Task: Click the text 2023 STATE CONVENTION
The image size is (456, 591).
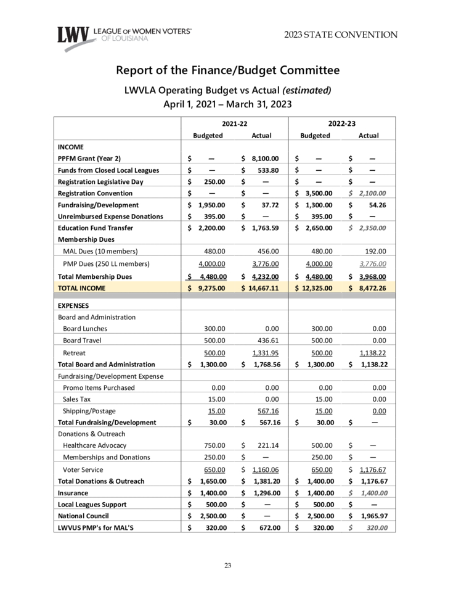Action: (341, 35)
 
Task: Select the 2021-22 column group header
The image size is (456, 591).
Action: (230, 124)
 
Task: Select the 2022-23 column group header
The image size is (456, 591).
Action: (341, 124)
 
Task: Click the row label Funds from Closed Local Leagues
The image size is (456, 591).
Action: (108, 170)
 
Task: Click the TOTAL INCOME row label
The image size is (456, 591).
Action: (81, 287)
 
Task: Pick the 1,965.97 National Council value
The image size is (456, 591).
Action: (372, 516)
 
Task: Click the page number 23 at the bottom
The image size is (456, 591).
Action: (227, 566)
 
